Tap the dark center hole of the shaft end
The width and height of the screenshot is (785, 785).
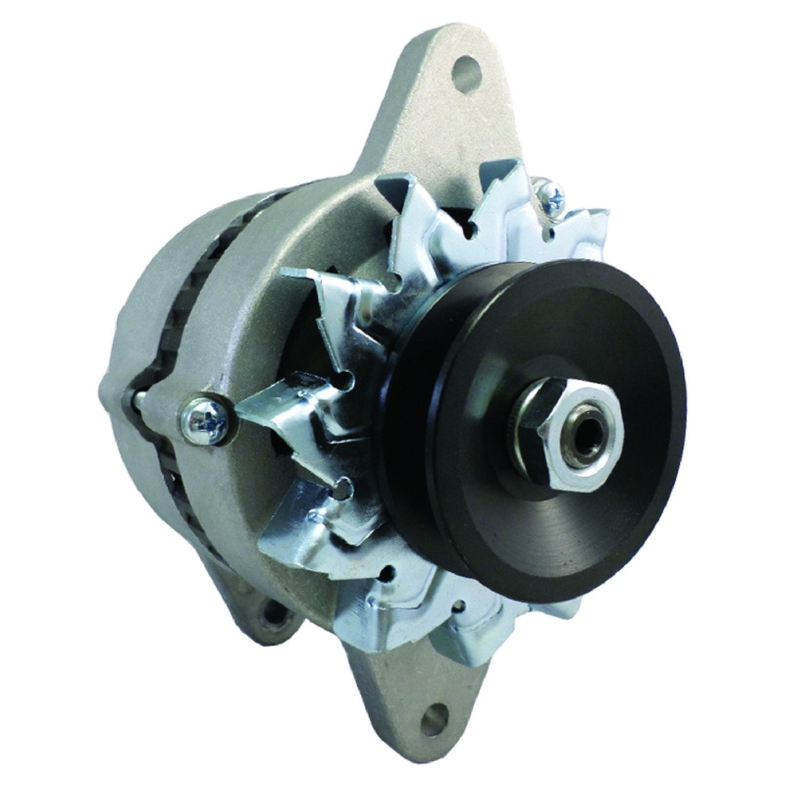[586, 431]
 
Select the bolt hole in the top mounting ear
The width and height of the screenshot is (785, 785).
[466, 72]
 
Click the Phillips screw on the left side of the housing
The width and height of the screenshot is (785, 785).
[205, 422]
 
